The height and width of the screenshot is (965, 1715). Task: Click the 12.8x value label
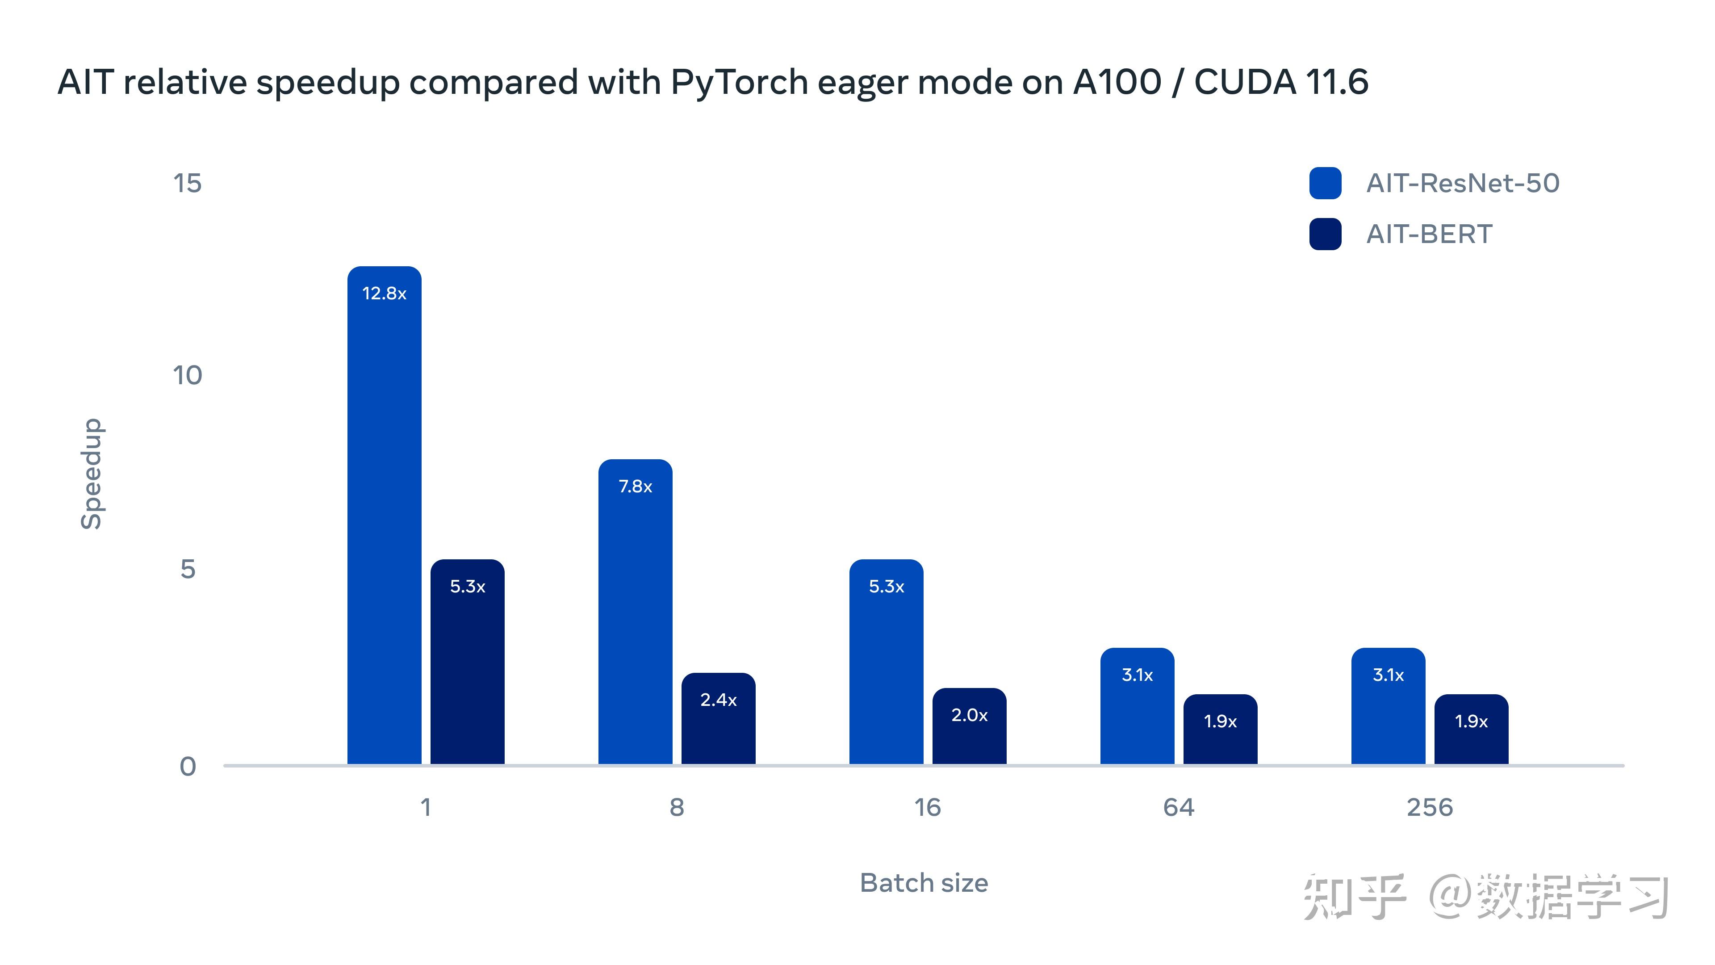384,294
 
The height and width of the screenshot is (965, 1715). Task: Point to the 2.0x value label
969,715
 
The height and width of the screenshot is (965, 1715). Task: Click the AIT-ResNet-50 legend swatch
1325,183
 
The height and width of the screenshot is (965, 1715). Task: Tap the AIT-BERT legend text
1429,235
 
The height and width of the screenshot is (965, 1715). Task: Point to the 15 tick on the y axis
187,183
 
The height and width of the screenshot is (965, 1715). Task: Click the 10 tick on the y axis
187,376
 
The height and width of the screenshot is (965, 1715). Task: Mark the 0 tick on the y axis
188,767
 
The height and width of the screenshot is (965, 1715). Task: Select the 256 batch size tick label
1429,808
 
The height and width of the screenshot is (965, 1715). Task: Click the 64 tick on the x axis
1179,808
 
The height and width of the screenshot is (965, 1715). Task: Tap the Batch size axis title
924,883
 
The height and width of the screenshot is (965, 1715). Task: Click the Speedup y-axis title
91,474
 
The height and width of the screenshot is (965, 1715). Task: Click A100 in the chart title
1117,83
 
